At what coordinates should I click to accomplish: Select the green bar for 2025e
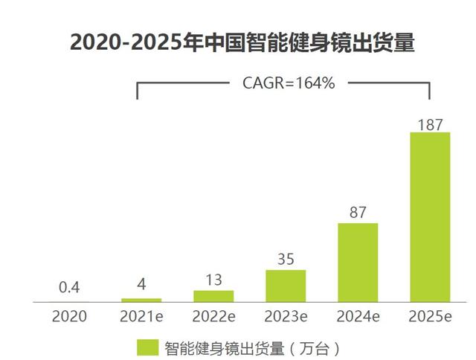[431, 217]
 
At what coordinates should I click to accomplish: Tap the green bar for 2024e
[358, 263]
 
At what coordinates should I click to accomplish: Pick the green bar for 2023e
[286, 286]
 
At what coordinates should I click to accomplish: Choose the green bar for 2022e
[213, 296]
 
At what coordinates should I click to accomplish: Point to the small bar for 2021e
[141, 300]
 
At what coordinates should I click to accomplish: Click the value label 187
[431, 123]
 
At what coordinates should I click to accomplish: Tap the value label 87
[358, 213]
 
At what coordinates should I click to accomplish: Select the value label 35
[286, 259]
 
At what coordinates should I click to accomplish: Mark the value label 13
[213, 279]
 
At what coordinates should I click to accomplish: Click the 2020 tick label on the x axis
[69, 316]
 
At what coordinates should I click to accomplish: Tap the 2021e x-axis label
[141, 316]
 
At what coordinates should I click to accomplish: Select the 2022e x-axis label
[213, 316]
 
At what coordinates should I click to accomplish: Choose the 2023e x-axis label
[286, 316]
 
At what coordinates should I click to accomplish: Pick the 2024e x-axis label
[358, 316]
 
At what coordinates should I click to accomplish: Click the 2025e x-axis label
[431, 316]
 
